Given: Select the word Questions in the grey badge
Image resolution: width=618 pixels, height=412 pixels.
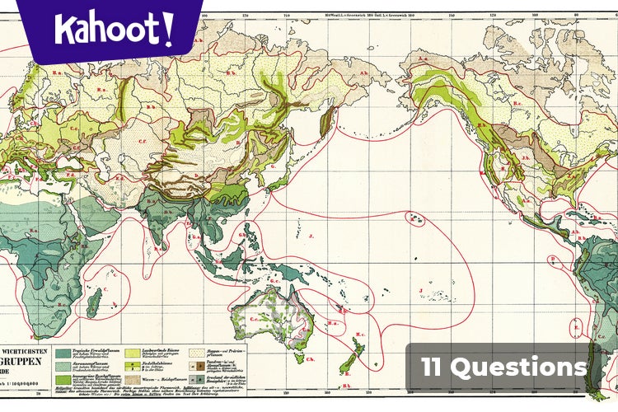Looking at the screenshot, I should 527,367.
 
